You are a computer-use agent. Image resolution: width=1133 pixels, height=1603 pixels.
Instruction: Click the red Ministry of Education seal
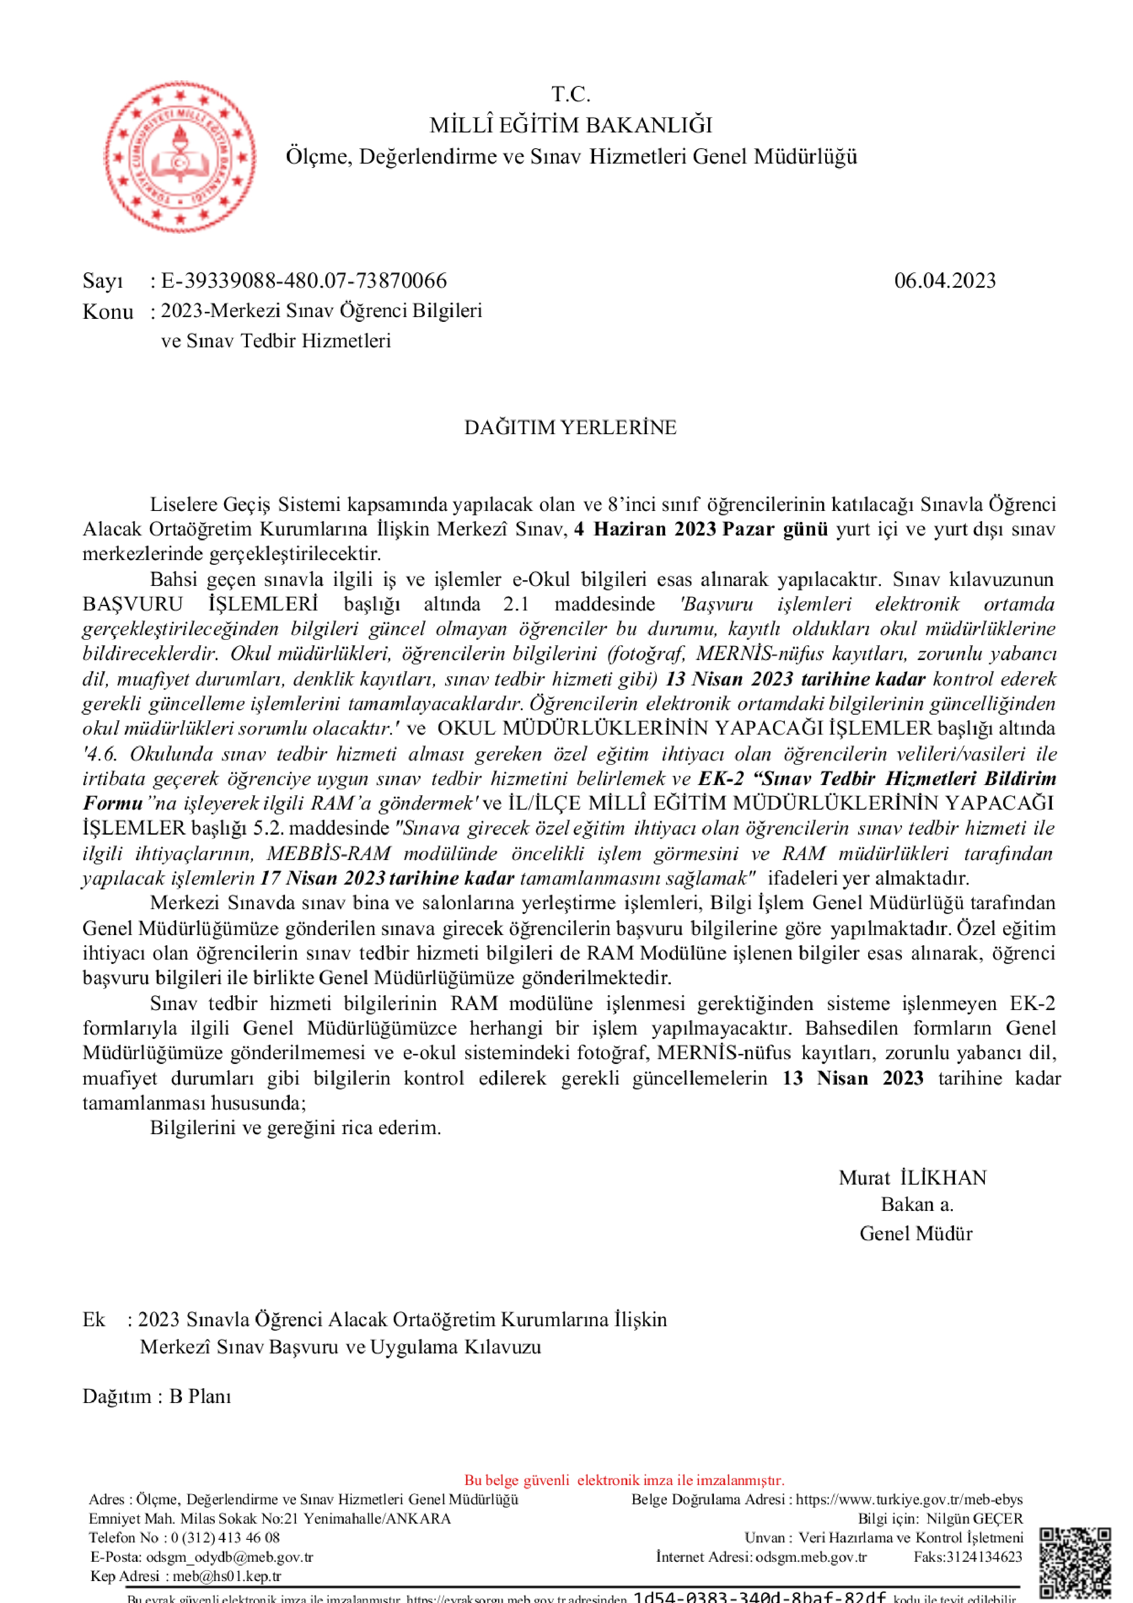click(180, 157)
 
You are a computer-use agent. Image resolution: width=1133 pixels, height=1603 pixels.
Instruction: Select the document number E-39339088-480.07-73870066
click(304, 281)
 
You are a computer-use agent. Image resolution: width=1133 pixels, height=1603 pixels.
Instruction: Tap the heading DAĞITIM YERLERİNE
click(570, 427)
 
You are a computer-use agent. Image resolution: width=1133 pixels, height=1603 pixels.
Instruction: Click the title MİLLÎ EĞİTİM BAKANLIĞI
click(570, 125)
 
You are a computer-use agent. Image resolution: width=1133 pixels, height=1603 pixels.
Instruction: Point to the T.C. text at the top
click(570, 93)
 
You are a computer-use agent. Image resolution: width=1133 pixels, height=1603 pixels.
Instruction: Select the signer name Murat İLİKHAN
click(912, 1178)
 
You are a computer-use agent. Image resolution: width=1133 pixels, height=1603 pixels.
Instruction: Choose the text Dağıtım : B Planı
click(157, 1396)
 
